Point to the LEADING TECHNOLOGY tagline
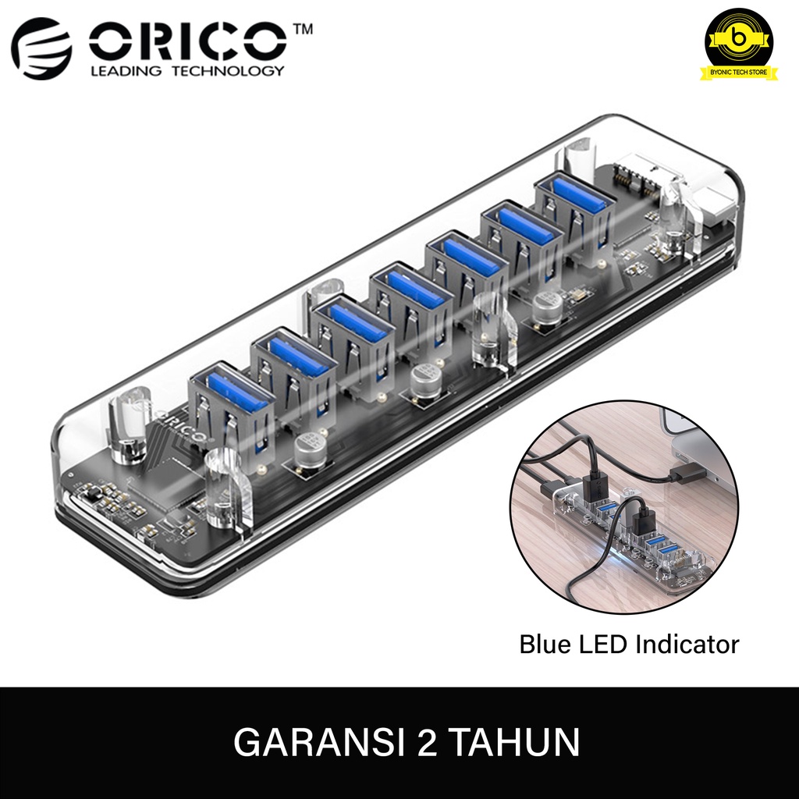(187, 72)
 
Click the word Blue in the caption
(544, 645)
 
